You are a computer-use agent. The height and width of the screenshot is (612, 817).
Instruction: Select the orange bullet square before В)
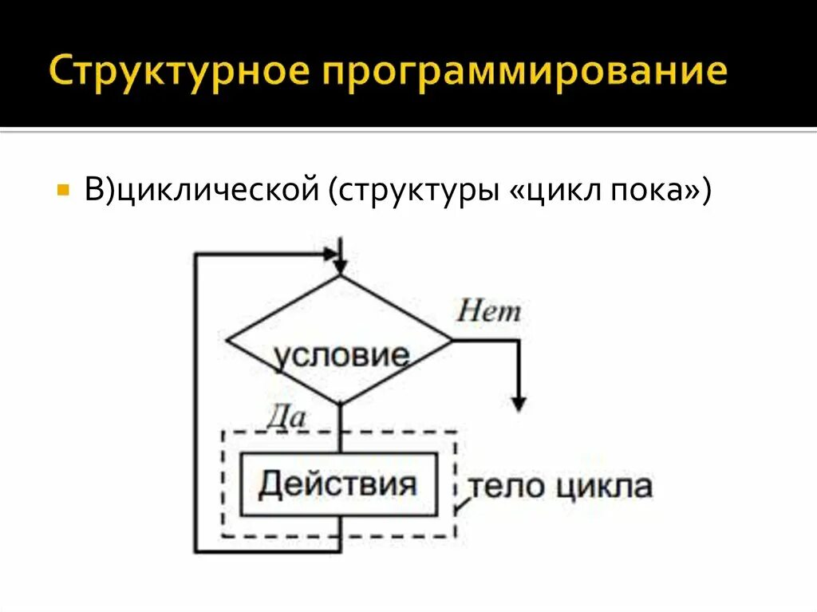[x=63, y=192]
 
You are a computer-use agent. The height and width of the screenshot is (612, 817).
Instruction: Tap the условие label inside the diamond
[x=341, y=356]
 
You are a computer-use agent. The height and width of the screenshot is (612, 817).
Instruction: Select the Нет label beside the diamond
[x=488, y=311]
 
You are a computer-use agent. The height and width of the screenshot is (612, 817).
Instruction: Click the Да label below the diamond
[x=285, y=416]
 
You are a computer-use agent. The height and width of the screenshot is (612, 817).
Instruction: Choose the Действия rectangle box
[x=339, y=484]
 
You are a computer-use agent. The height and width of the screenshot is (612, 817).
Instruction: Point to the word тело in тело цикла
[x=500, y=485]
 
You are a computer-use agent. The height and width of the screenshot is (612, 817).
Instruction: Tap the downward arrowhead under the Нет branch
[x=519, y=403]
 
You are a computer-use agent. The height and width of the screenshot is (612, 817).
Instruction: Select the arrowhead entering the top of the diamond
[x=341, y=266]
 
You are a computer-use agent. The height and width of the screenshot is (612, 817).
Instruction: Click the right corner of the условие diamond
[x=452, y=341]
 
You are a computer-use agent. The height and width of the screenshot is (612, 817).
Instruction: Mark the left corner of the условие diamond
[x=228, y=341]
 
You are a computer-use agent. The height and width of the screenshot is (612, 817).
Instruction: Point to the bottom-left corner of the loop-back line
[x=195, y=551]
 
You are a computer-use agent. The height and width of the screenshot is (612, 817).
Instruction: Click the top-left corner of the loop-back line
[x=195, y=255]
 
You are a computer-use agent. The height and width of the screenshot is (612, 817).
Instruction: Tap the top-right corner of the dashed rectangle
[x=456, y=432]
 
